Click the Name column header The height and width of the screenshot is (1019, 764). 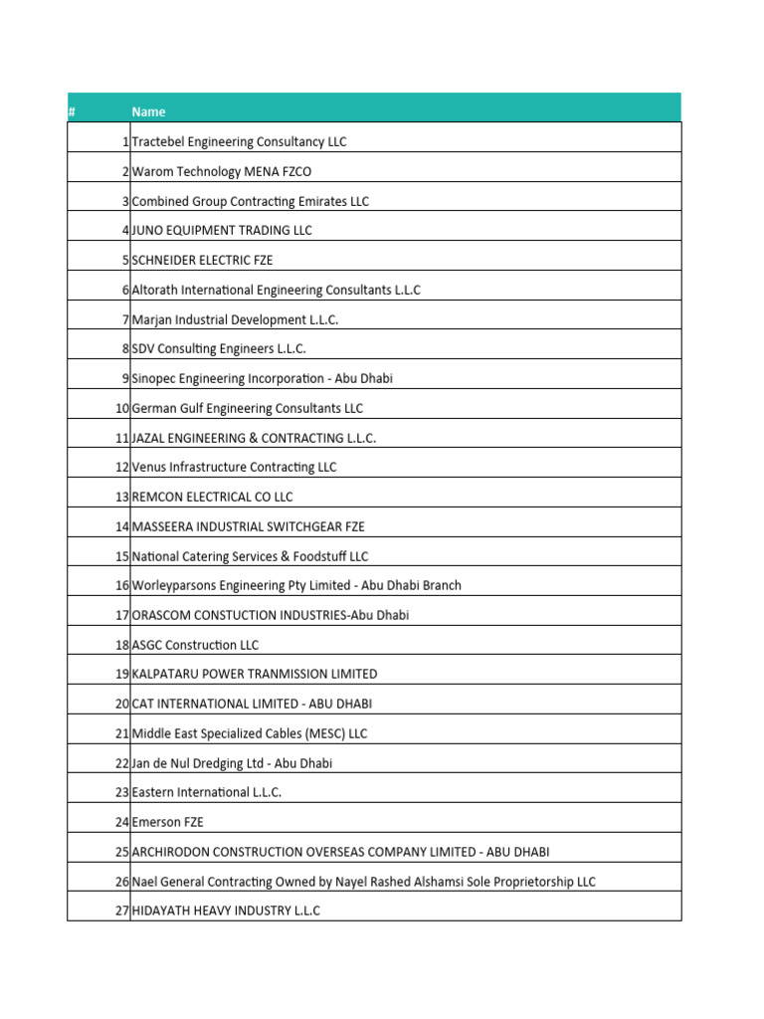coord(148,111)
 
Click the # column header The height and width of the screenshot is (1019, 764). coord(72,111)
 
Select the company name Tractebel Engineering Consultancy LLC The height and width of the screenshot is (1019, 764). coord(239,142)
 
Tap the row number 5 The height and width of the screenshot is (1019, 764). coord(125,261)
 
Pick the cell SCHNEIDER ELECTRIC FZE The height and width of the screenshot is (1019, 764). coord(202,261)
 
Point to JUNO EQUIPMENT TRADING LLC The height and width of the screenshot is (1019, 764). coord(222,231)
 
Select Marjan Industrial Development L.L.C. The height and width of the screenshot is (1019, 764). coord(235,319)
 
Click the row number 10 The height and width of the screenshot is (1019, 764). coord(121,408)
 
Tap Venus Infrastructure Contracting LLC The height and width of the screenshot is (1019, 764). coord(234,467)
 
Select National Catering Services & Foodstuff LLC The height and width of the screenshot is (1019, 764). coord(250,556)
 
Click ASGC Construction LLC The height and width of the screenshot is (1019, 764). coord(195,645)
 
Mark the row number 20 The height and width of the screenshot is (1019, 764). coord(121,704)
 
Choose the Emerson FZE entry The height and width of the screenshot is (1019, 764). coord(167,822)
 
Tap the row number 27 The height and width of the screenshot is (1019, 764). coord(121,911)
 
